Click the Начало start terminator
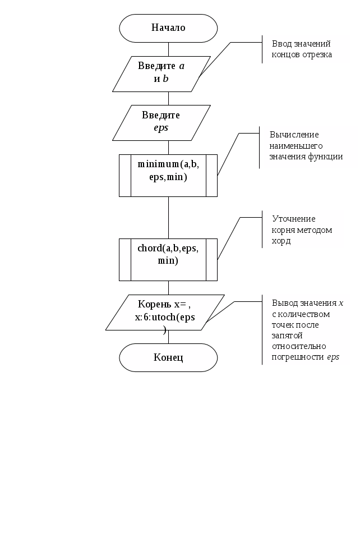168,28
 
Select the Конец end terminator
168,357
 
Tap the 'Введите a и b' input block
161,74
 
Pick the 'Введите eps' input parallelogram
161,123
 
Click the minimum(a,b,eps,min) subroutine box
168,176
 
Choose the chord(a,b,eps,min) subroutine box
168,260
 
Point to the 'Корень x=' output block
165,313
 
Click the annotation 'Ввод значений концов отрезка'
302,49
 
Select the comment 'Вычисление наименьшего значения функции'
306,146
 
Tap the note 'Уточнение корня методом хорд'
302,230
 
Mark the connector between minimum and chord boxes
168,218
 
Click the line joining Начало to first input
168,49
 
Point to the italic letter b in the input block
165,79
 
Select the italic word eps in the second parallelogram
161,128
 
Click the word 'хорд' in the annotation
281,241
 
